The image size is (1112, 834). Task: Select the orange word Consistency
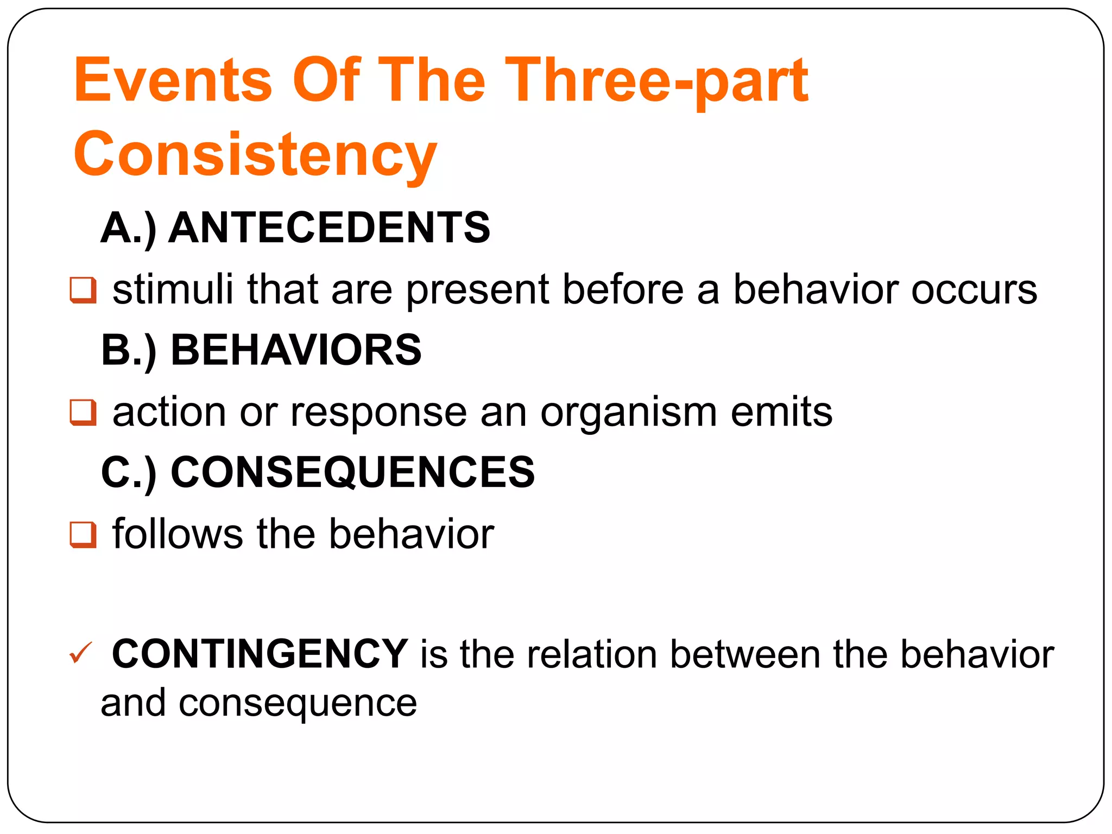coord(255,155)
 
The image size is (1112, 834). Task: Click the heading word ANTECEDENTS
coord(329,228)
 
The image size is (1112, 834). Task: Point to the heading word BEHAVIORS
coord(296,350)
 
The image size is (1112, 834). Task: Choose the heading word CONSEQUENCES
coord(352,472)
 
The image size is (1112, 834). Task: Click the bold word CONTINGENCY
coord(260,654)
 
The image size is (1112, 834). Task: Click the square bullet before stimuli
coord(83,290)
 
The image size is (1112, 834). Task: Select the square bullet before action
coord(83,413)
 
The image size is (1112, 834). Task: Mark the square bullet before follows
coord(83,535)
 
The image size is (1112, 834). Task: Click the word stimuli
coord(173,289)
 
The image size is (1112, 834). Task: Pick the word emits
coord(781,412)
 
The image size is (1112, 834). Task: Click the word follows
coord(178,534)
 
